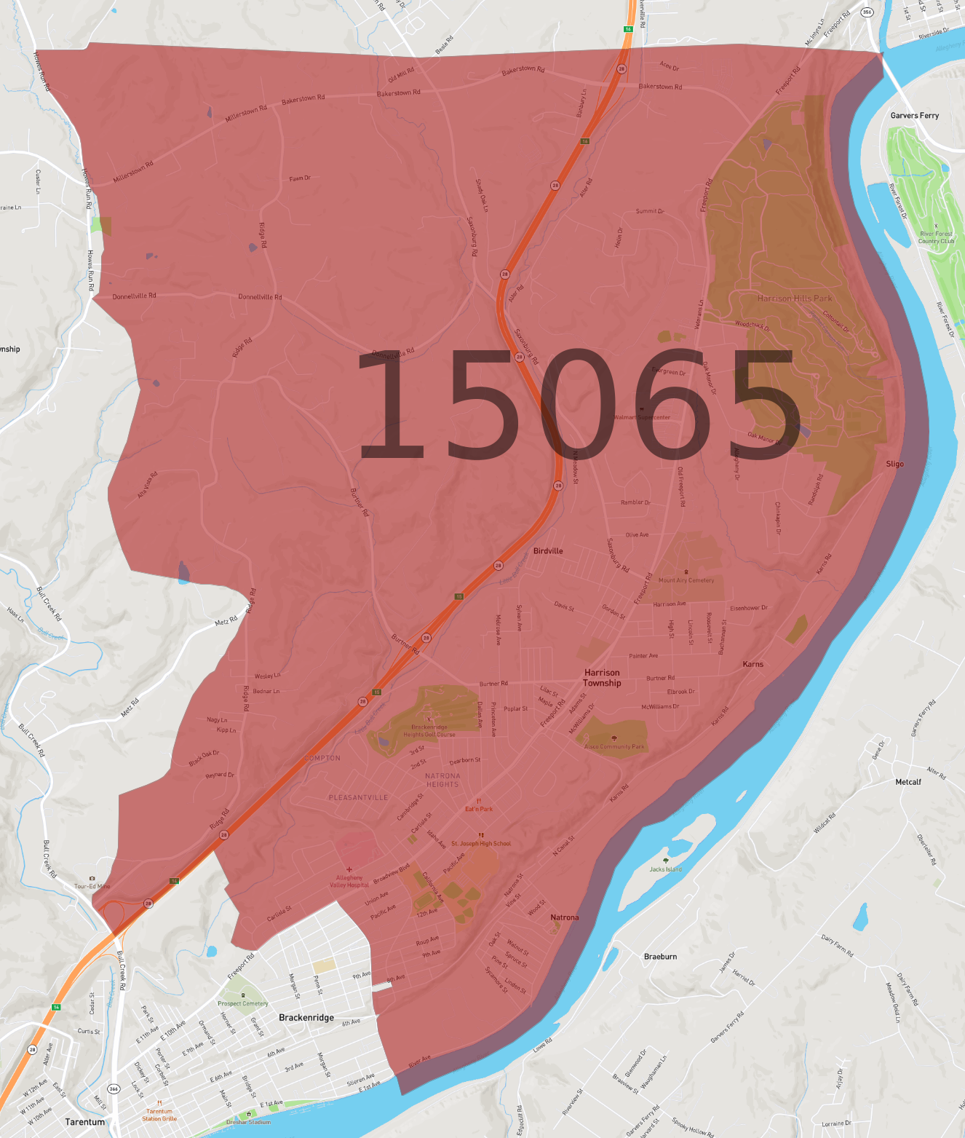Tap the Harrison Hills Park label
click(794, 299)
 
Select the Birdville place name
click(548, 551)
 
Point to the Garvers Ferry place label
click(914, 116)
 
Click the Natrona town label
click(565, 917)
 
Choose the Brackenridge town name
click(306, 1018)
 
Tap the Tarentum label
click(85, 1122)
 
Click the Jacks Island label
click(666, 869)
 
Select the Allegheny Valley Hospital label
click(349, 881)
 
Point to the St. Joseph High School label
click(481, 844)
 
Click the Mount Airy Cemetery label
click(686, 580)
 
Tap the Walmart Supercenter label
click(642, 417)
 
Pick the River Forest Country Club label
click(936, 237)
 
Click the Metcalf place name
click(908, 782)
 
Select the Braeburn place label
click(660, 957)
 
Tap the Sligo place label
click(894, 464)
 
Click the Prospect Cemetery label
click(243, 1003)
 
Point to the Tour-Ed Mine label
click(92, 886)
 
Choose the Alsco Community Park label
click(614, 746)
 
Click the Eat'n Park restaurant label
click(479, 809)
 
